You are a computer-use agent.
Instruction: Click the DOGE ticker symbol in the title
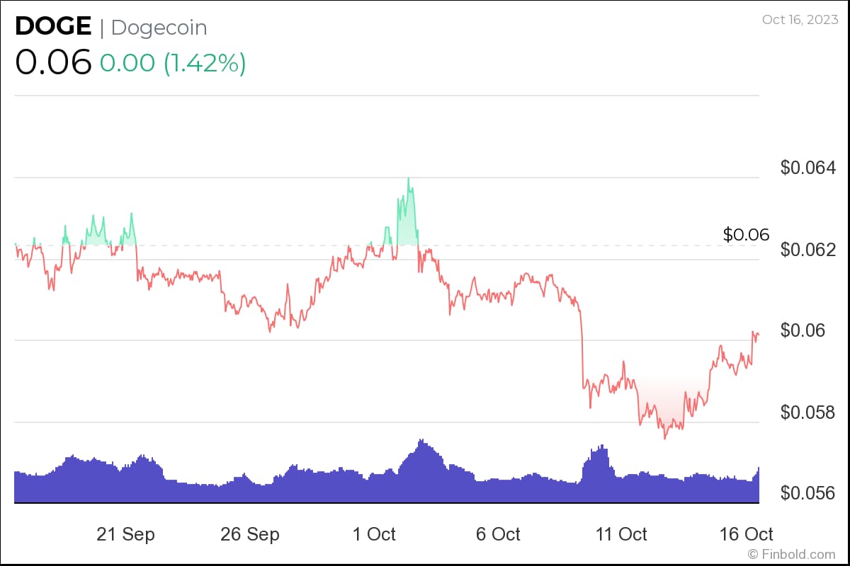[53, 27]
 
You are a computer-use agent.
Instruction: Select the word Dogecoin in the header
[159, 28]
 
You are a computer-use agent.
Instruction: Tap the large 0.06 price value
[53, 62]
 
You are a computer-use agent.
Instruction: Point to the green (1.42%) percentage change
[205, 63]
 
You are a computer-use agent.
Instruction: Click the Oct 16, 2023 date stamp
[799, 20]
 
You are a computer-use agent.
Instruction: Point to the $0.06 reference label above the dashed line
[746, 235]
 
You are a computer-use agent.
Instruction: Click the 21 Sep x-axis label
[125, 534]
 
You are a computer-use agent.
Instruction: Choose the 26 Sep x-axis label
[250, 534]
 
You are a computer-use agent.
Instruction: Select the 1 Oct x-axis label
[374, 534]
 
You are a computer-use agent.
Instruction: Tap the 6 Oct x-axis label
[498, 534]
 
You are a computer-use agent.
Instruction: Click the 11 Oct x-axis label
[622, 534]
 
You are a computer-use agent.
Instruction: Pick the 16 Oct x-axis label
[746, 534]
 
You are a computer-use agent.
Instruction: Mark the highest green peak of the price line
[409, 178]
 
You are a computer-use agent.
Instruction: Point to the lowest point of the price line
[664, 439]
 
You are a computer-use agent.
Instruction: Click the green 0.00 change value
[127, 63]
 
